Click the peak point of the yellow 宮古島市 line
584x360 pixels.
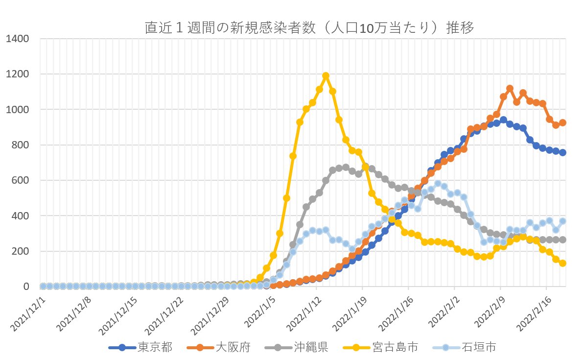point(326,76)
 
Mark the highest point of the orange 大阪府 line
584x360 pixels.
point(510,89)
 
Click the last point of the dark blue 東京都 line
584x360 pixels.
point(562,152)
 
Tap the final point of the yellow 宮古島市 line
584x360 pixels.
point(562,263)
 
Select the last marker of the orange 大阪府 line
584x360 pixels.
point(562,123)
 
